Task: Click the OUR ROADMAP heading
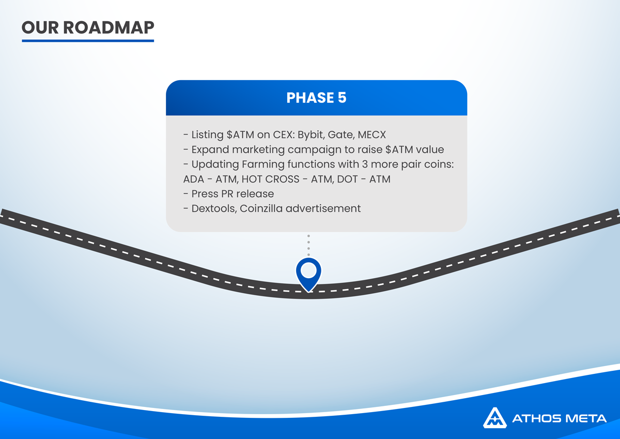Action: click(88, 27)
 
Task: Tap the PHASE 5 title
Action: click(316, 98)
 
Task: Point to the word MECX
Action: click(371, 134)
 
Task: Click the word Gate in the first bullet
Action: click(341, 135)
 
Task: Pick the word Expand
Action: click(210, 150)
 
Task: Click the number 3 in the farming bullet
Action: click(365, 164)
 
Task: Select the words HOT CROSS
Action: click(270, 179)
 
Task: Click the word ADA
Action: click(193, 179)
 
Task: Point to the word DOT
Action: click(347, 179)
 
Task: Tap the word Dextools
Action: click(214, 208)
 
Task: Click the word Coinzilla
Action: click(261, 208)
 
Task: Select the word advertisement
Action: click(323, 208)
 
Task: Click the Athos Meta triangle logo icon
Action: click(495, 418)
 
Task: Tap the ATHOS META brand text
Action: click(560, 418)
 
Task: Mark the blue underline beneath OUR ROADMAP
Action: click(88, 41)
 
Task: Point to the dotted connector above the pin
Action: click(308, 246)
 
